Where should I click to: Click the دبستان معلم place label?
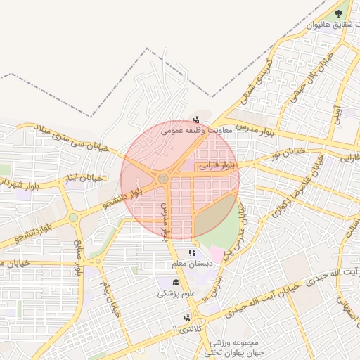point(188,264)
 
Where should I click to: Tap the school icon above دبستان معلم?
point(191,253)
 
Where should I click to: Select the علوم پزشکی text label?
point(172,295)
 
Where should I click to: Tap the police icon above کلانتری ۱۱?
point(186,319)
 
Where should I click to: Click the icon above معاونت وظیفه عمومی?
point(196,119)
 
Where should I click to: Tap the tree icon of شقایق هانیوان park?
point(340,13)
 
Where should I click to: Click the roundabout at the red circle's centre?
point(163,179)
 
